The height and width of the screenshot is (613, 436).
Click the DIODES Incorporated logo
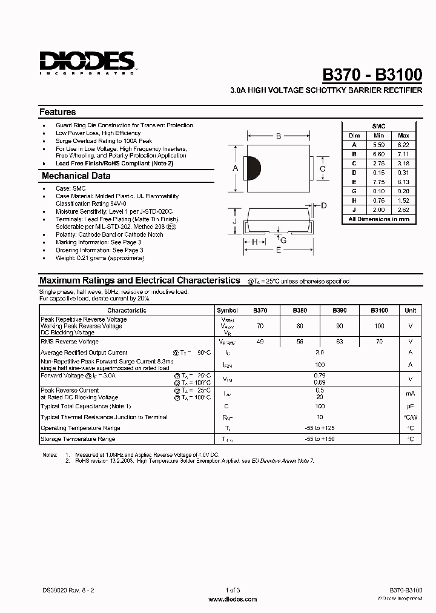(87, 62)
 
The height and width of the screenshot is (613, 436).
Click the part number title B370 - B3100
(372, 74)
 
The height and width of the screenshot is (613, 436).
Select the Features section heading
(58, 112)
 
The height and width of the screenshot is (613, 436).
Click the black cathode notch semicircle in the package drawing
(255, 168)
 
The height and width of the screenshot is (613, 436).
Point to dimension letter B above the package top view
(278, 136)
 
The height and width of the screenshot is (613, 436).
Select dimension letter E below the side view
(279, 250)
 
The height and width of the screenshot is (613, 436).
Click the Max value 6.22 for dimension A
(403, 145)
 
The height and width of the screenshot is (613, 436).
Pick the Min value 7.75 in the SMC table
(378, 182)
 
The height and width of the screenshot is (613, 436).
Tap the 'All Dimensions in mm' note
(379, 219)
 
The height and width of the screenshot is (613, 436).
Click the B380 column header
(300, 310)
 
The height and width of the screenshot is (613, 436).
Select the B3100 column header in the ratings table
(379, 310)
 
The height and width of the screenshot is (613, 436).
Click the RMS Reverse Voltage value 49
(260, 342)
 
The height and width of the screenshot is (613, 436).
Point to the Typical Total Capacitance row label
(86, 406)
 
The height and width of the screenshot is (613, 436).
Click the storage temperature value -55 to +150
(320, 439)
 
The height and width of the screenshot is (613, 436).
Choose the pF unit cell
(411, 406)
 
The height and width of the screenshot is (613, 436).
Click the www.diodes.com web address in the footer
(233, 599)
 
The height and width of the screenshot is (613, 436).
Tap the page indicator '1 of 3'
(233, 590)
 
